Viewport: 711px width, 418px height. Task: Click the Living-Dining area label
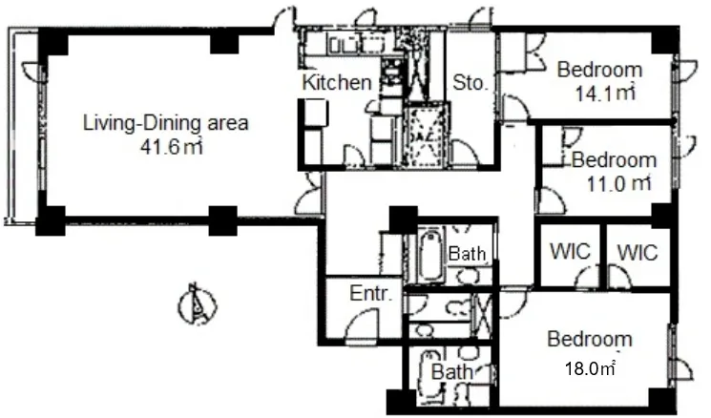165,123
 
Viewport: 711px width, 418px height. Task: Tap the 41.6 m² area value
171,147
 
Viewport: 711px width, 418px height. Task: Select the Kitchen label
337,82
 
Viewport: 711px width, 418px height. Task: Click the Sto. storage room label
471,83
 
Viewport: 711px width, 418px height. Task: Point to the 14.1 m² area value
605,94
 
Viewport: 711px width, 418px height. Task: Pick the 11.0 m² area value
618,184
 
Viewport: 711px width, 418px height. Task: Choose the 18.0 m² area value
590,368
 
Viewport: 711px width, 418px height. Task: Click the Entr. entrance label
370,294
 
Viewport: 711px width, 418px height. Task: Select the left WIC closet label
570,251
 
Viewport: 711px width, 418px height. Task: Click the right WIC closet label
638,253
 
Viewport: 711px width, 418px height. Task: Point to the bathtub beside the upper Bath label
430,255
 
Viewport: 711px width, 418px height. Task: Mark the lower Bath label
451,372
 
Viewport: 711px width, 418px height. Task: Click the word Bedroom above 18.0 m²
590,339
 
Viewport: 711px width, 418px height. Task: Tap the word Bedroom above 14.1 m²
599,70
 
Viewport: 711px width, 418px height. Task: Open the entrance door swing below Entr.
362,324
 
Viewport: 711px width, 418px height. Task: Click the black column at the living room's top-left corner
53,42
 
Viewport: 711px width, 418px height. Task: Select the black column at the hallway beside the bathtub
403,220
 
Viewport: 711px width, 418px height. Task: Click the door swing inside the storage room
465,153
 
